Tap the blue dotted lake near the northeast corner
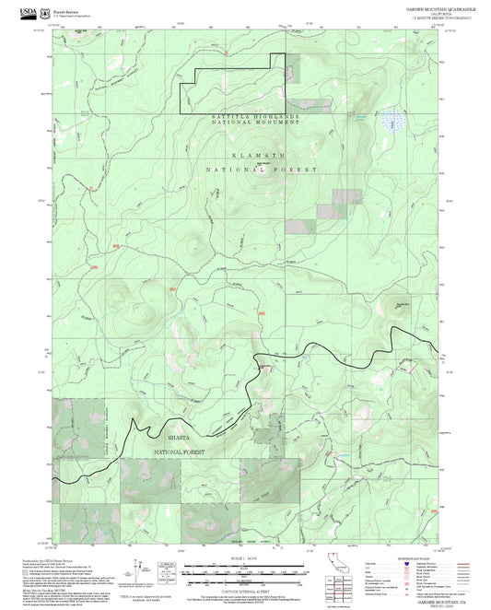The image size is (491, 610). (395, 121)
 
